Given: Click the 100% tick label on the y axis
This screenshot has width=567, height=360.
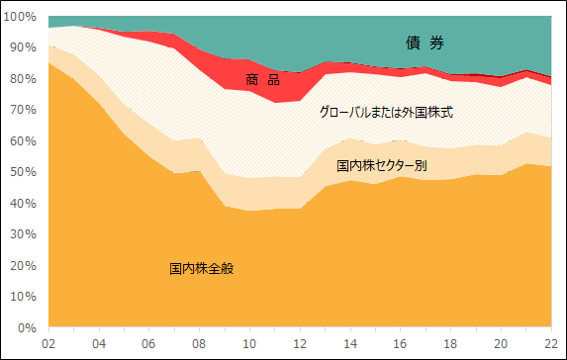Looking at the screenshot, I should pyautogui.click(x=20, y=17).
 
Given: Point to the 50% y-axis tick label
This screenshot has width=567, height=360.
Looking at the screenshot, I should pyautogui.click(x=23, y=172).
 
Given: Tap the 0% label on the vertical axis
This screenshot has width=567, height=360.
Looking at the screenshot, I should pyautogui.click(x=26, y=327).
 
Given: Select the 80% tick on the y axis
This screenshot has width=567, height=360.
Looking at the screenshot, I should pyautogui.click(x=23, y=79).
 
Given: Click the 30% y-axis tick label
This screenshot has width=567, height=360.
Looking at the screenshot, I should pyautogui.click(x=23, y=234).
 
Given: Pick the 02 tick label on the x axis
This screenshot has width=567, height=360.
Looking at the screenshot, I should pyautogui.click(x=47, y=344).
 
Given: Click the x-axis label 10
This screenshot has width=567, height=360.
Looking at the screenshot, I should pyautogui.click(x=251, y=344).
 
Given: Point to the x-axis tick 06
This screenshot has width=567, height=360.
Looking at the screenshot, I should pyautogui.click(x=149, y=344).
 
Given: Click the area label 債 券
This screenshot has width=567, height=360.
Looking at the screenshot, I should pyautogui.click(x=425, y=43).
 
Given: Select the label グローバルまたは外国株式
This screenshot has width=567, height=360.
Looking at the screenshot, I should pyautogui.click(x=385, y=113).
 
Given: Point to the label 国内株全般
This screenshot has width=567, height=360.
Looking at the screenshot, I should pyautogui.click(x=201, y=268).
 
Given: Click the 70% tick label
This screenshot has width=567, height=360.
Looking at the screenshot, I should pyautogui.click(x=23, y=110).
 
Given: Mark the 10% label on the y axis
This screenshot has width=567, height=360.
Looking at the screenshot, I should pyautogui.click(x=23, y=297).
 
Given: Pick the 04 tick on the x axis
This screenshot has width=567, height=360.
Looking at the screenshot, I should pyautogui.click(x=99, y=344).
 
